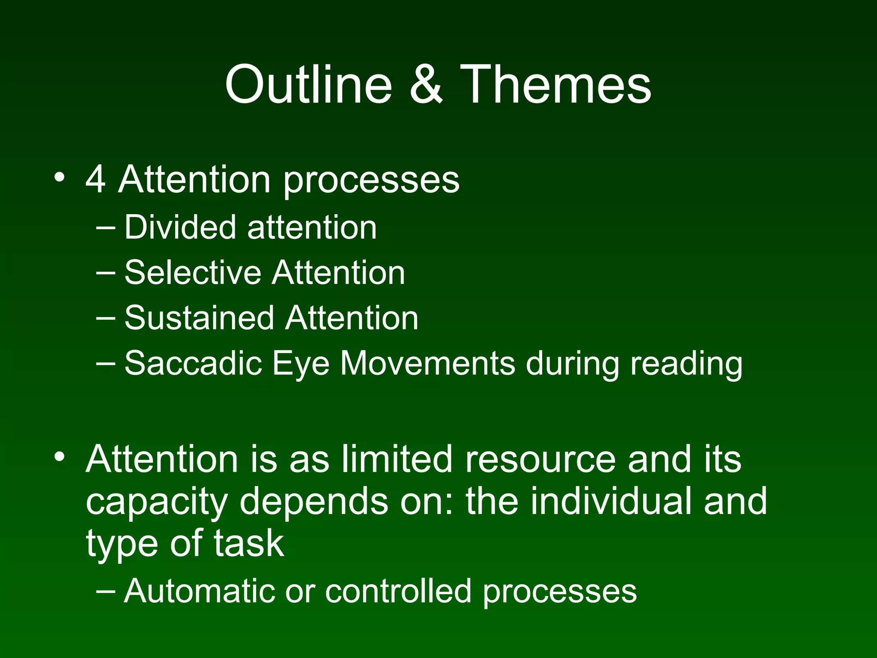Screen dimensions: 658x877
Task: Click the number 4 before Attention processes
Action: point(95,179)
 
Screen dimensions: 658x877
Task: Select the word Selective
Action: point(193,272)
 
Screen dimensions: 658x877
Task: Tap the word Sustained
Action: point(199,318)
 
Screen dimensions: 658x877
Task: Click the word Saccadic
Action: point(193,364)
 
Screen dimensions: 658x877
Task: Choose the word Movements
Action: point(428,364)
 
